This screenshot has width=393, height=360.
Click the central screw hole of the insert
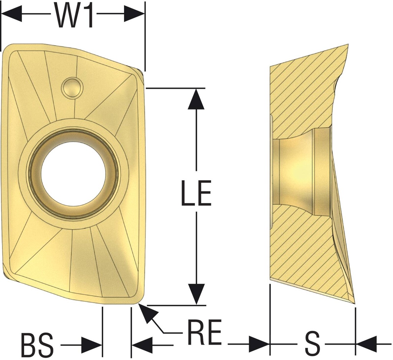tap(73, 174)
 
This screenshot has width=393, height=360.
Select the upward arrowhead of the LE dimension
tap(196, 99)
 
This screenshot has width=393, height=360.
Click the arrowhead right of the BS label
tap(92, 345)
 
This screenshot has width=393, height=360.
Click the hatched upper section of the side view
tap(303, 96)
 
